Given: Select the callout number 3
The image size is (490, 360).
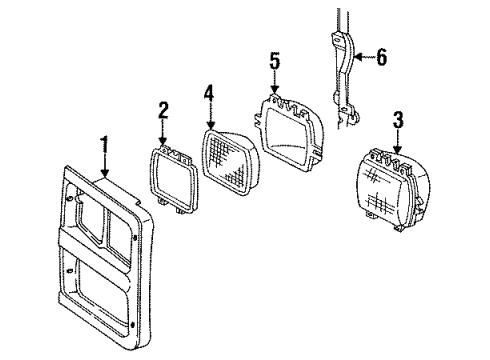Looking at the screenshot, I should point(398,119).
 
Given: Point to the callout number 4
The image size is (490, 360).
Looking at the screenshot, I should point(209,96).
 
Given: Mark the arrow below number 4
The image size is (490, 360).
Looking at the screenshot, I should point(209,117).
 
